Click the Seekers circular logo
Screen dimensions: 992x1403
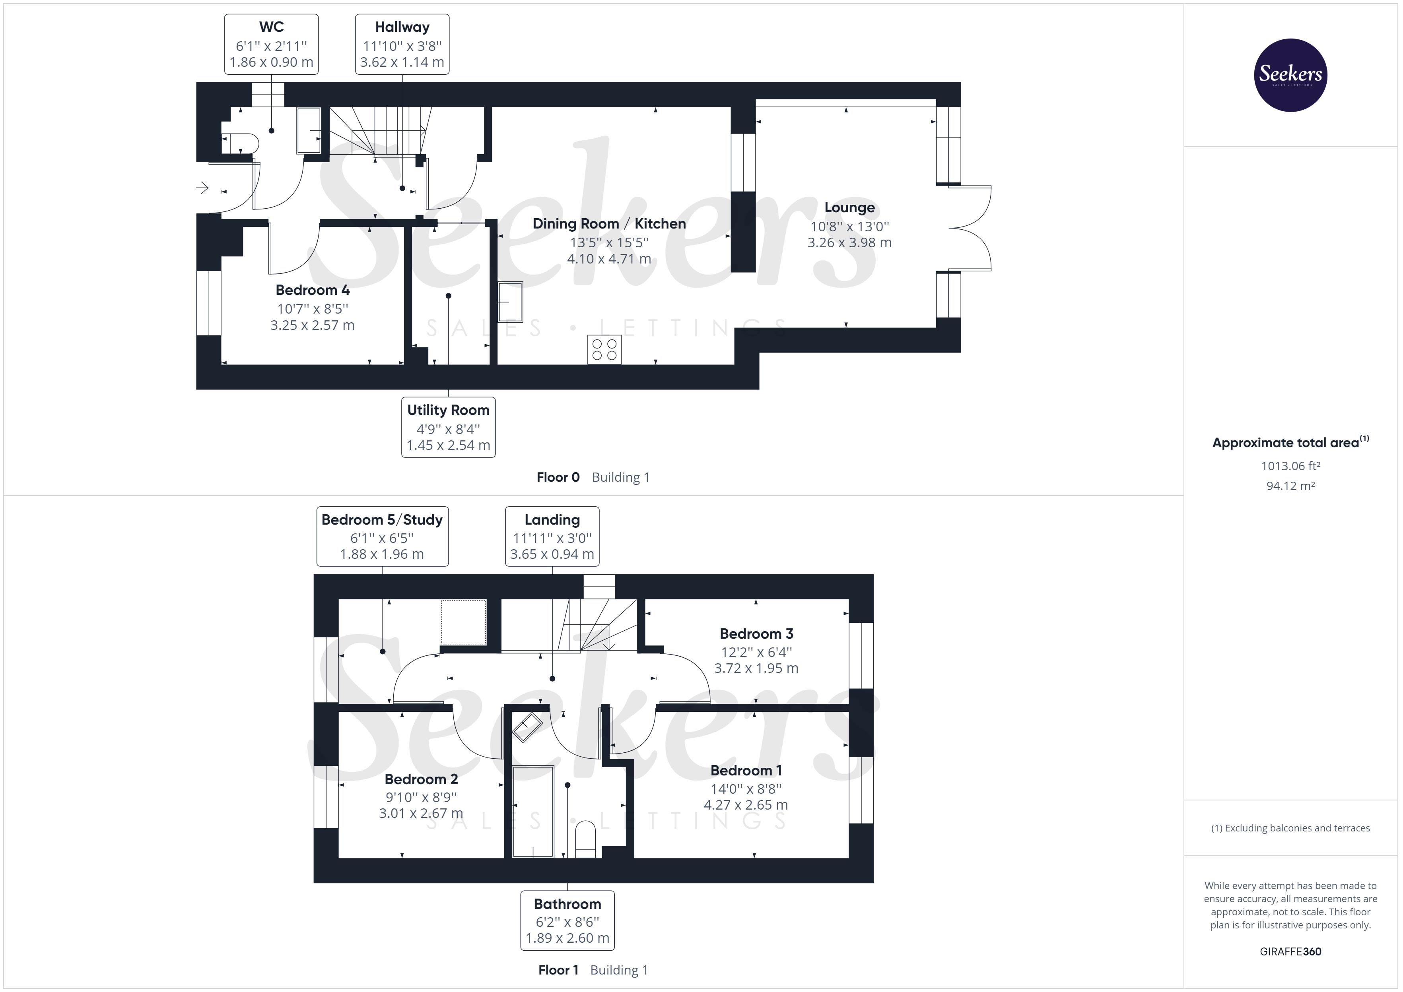coord(1290,75)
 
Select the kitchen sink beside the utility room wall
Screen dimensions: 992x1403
coord(510,302)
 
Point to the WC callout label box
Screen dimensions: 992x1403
coord(271,45)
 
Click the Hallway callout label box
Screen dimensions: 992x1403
coord(402,45)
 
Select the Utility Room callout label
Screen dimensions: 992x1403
coord(448,427)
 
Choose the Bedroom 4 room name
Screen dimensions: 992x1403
coord(312,290)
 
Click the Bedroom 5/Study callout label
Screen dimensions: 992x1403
coord(382,536)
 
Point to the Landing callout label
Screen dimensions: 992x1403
coord(552,536)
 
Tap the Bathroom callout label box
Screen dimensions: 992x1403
coord(567,920)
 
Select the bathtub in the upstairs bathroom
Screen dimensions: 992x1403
coord(533,811)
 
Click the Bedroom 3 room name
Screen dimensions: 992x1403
coord(756,634)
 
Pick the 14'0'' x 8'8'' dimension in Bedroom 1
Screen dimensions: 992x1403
coord(746,789)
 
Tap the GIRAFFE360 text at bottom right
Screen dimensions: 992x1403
coord(1290,951)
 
